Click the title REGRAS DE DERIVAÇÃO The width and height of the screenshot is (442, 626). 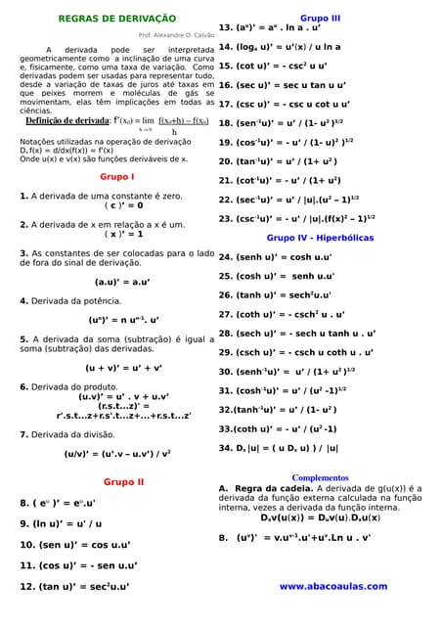117,18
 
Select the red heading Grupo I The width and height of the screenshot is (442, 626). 117,176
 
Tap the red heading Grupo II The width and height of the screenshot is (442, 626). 123,482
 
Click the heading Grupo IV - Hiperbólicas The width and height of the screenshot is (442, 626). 320,238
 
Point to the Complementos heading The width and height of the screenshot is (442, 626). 320,477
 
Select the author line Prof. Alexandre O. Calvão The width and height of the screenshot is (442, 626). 176,34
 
